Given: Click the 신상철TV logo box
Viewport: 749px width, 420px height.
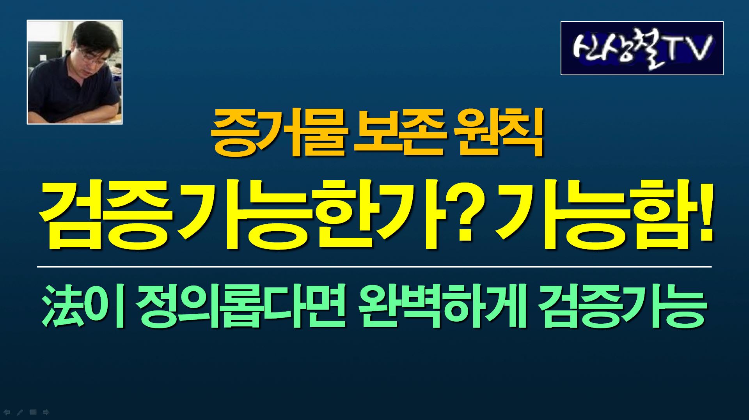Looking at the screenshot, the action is [642, 48].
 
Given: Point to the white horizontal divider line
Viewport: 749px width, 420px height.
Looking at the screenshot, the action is [374, 267].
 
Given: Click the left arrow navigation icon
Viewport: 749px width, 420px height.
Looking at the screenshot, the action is [7, 412].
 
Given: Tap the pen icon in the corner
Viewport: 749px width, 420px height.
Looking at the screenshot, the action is [20, 412].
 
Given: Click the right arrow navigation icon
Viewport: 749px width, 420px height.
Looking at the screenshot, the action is [46, 412].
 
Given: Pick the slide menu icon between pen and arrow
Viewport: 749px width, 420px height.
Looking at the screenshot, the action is [33, 412].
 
